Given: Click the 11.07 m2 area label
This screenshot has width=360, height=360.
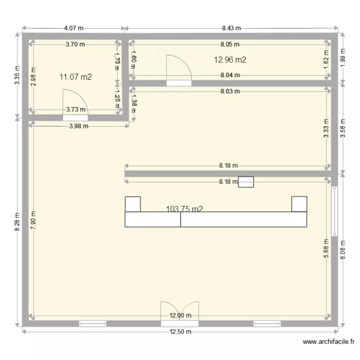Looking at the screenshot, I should pos(75,77).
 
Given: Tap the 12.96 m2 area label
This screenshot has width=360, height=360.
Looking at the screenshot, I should pos(230,60).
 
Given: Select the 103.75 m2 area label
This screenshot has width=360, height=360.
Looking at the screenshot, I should pos(184,209).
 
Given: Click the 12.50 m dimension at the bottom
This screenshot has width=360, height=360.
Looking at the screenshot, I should pos(180,332).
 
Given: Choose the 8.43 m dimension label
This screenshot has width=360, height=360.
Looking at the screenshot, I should pos(231,29).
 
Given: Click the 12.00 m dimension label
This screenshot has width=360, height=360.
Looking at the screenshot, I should pos(180,315).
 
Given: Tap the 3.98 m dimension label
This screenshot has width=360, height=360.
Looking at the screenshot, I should pos(78,126).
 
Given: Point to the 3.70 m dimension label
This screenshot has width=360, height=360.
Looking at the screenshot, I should pos(75,45).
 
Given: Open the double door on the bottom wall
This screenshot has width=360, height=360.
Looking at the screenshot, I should pos(180,312).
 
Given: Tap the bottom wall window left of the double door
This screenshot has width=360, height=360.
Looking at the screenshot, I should pos(93,323).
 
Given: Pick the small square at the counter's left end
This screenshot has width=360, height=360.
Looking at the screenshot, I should pos(132,204).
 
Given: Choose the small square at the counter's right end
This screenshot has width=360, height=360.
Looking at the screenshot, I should pos(299,204).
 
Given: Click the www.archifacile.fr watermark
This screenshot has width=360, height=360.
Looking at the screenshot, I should pos(329,342).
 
